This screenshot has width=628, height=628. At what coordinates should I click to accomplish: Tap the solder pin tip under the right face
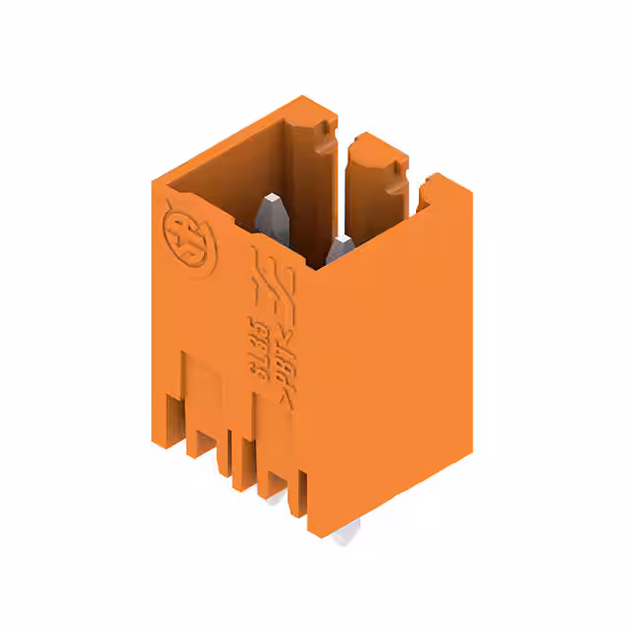(344, 534)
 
